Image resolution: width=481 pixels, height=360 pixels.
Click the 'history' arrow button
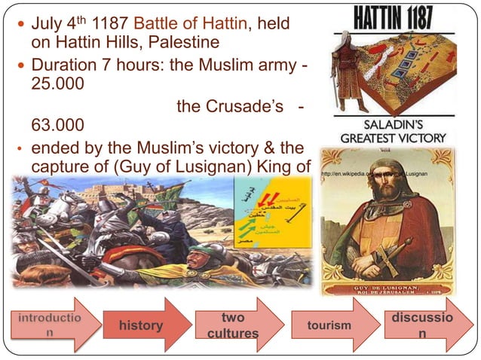141,325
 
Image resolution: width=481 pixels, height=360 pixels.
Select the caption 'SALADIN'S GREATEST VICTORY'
394,132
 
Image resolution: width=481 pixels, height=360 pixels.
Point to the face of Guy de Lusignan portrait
385,188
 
